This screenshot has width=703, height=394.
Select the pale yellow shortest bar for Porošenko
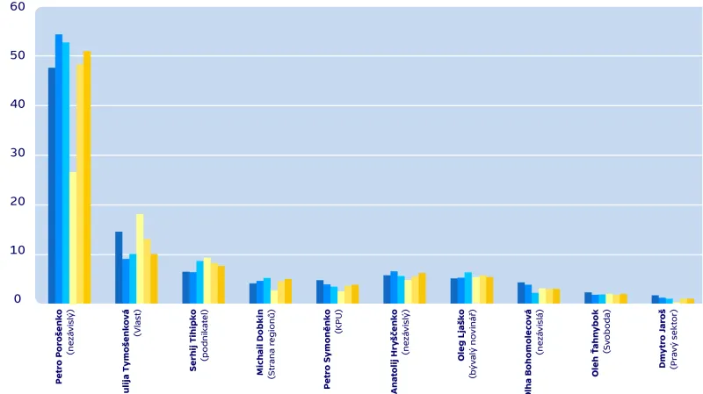pos(73,237)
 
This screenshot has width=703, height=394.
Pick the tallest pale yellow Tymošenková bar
pos(140,259)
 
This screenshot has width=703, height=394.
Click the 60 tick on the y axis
pos(17,7)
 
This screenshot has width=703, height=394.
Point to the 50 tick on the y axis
pos(17,55)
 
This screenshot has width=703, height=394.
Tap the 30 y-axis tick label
pos(17,154)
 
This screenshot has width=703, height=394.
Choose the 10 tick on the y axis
pos(17,252)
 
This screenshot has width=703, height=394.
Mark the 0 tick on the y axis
pos(18,300)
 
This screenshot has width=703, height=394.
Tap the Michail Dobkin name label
pos(260,343)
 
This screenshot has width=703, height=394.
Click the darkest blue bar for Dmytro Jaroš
pos(655,299)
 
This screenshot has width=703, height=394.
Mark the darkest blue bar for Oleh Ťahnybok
pos(588,298)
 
